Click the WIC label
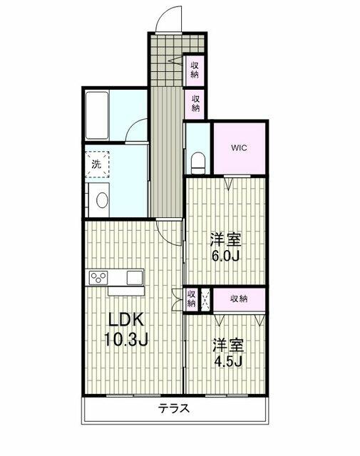click(239, 147)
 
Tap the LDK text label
click(126, 320)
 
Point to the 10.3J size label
click(126, 339)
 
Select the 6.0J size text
click(225, 256)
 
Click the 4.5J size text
click(228, 361)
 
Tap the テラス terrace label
click(174, 408)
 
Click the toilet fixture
click(199, 162)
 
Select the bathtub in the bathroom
click(97, 115)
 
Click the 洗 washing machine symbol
click(97, 165)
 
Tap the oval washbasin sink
click(103, 200)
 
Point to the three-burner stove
click(98, 278)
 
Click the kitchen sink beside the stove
click(135, 278)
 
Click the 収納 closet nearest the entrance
click(195, 70)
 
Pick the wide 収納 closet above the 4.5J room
click(239, 299)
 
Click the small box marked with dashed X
click(205, 299)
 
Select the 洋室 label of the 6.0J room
click(226, 240)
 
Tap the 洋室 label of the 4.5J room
click(228, 346)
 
